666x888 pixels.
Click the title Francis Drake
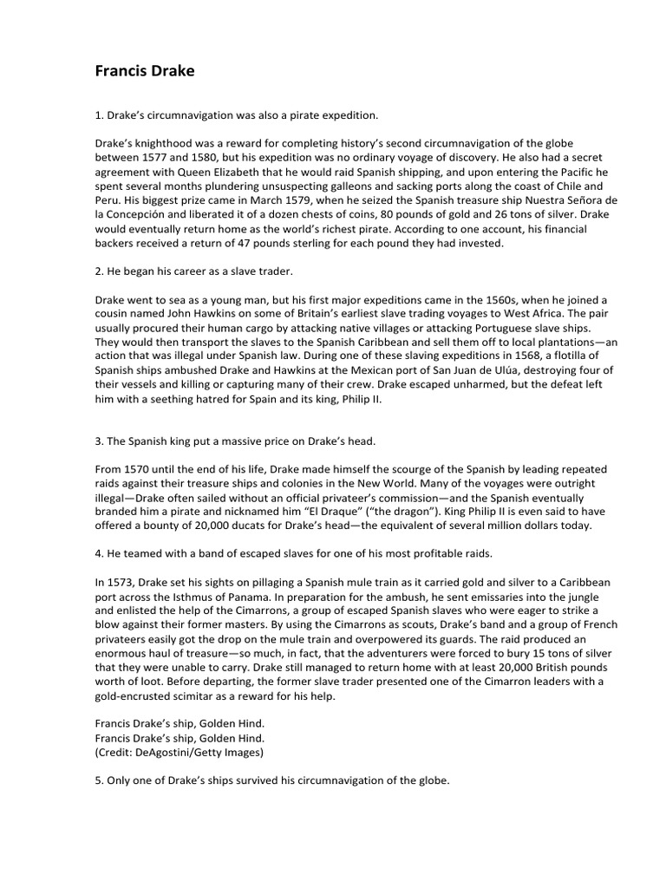tap(144, 71)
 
